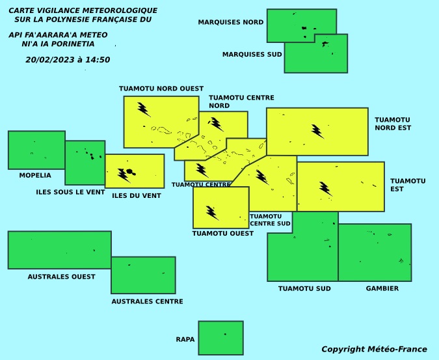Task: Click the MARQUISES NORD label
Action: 231,22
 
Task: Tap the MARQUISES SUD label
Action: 252,54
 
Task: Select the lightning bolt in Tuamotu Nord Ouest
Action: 144,109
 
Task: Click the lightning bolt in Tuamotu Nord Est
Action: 318,132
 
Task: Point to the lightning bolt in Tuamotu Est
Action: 326,189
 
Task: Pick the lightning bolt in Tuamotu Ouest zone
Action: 213,213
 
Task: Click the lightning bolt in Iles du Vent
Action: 124,175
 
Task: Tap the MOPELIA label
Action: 35,175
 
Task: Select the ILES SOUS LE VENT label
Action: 70,192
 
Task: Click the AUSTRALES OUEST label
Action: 62,277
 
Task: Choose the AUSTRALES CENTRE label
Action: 147,301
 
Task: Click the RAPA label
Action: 185,340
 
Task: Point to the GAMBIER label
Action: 382,288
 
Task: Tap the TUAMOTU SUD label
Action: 304,288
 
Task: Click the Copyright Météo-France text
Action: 374,350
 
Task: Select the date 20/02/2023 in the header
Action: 50,60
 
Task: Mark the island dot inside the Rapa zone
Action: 225,334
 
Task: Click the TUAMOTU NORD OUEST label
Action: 161,89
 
